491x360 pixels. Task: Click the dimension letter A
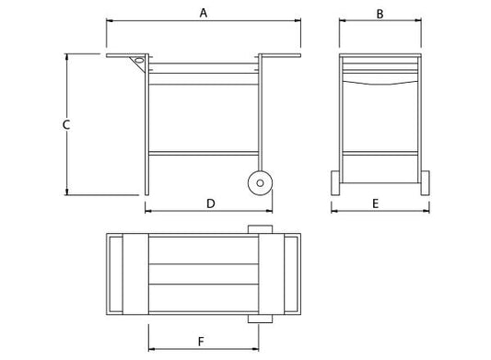[x=204, y=12]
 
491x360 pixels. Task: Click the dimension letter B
[x=380, y=13]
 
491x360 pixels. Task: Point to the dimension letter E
[x=380, y=202]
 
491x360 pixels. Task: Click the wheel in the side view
[x=261, y=182]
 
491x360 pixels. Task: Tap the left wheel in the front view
[x=337, y=183]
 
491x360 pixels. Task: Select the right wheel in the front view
[x=423, y=183]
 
